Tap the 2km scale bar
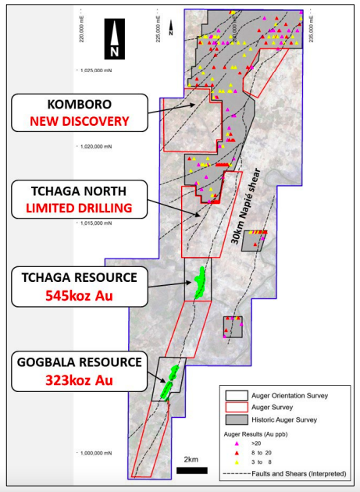point(191,470)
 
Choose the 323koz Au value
point(80,380)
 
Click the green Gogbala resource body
point(168,381)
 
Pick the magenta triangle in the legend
point(237,443)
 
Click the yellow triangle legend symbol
point(237,462)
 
